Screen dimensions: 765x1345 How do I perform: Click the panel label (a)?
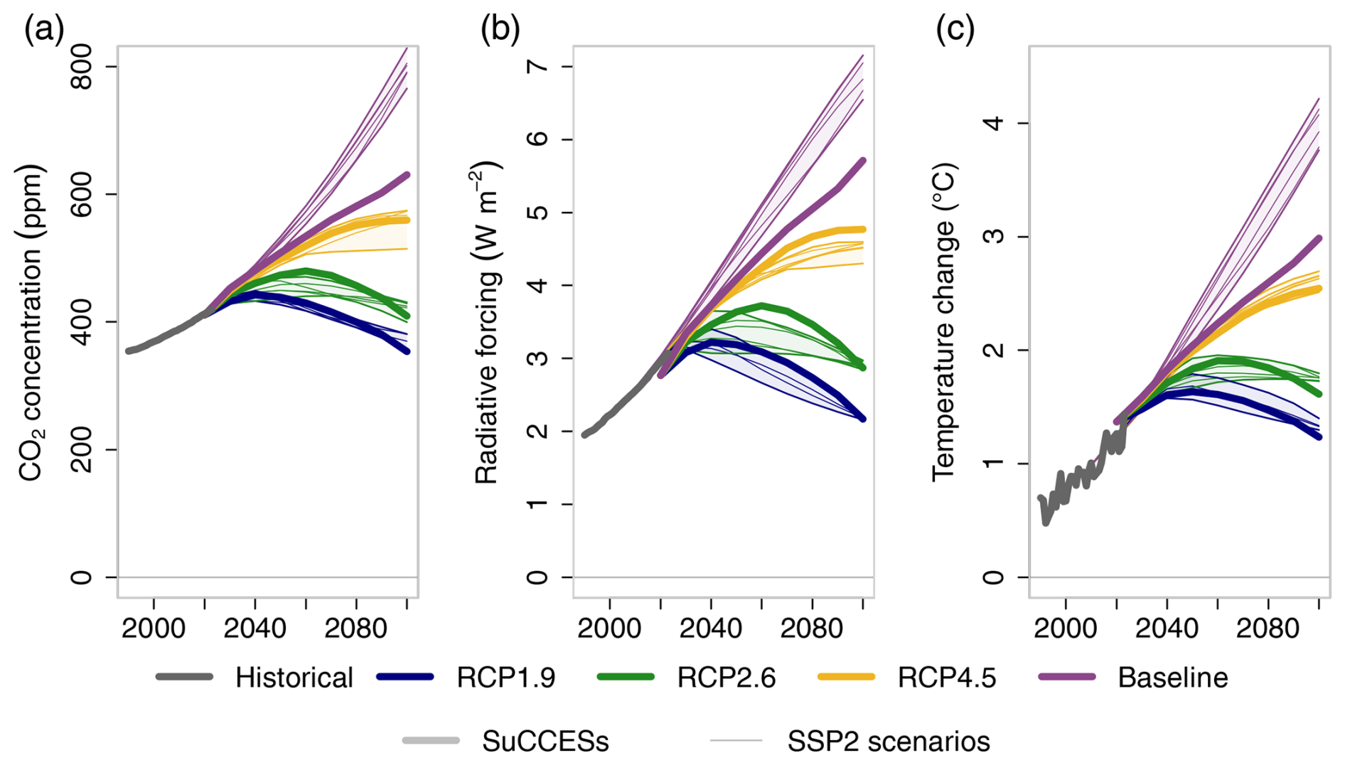[44, 30]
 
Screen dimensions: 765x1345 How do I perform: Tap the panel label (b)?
[500, 30]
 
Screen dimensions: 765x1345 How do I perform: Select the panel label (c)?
[955, 30]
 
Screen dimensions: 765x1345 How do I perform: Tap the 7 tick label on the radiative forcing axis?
[538, 67]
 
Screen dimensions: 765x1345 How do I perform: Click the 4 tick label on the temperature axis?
[995, 123]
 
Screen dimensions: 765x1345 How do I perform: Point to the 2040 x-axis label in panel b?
[710, 628]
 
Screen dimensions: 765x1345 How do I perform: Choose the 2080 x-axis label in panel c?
[1268, 628]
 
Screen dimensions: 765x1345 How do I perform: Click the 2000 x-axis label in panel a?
[154, 628]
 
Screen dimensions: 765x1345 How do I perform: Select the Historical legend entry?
[294, 678]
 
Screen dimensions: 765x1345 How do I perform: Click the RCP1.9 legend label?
[505, 678]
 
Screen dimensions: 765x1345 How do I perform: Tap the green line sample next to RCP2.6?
[626, 677]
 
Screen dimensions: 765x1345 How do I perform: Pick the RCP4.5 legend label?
[946, 678]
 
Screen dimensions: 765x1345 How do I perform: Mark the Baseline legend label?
[1172, 678]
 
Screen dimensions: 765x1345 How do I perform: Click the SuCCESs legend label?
[545, 742]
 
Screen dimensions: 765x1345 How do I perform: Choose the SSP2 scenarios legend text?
[888, 742]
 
